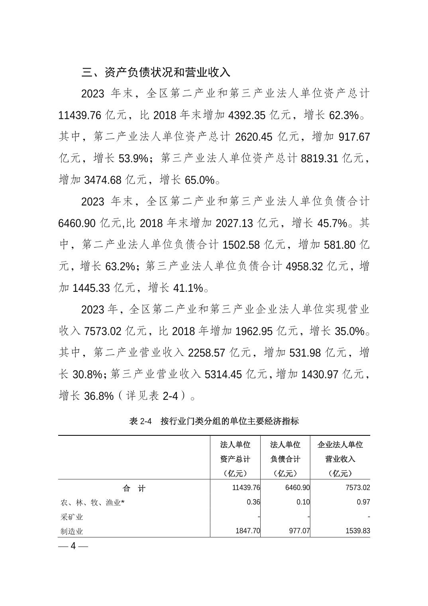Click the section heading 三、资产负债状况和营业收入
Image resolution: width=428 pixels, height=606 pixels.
(x=156, y=72)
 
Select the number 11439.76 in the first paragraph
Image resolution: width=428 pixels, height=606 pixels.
(x=80, y=116)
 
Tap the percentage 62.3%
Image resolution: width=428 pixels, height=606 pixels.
(x=344, y=116)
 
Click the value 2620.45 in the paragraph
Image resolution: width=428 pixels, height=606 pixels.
(x=254, y=137)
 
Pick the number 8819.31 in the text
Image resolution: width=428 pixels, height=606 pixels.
(x=320, y=159)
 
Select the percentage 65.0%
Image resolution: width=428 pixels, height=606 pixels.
(x=200, y=180)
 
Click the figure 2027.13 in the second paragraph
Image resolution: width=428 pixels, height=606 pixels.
(x=234, y=223)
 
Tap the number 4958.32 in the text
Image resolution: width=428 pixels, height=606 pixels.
(x=304, y=266)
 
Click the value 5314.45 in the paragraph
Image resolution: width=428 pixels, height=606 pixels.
(x=223, y=374)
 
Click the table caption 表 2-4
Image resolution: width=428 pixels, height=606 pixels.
(x=141, y=421)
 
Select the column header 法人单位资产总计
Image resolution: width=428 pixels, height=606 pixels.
(x=235, y=458)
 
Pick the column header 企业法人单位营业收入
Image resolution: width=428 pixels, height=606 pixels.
(x=340, y=458)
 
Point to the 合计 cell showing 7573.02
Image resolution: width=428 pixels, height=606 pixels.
(x=358, y=488)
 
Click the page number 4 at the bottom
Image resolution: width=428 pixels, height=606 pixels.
(x=73, y=546)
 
